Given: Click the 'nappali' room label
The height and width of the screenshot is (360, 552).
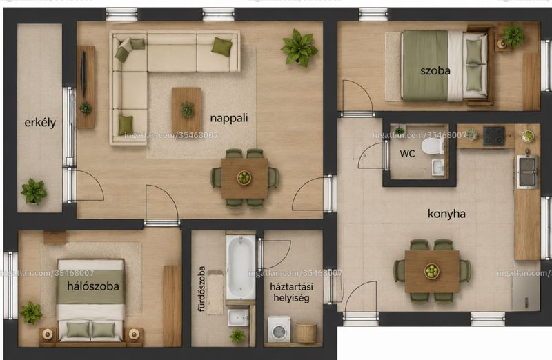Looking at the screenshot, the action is [229, 118].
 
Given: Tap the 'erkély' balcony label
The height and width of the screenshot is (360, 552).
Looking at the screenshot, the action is [40, 123].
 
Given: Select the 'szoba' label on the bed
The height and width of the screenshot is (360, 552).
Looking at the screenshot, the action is [435, 71].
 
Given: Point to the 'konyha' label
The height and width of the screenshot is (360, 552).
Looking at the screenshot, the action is [446, 214].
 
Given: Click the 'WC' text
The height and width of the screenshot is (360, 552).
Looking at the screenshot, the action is [407, 153].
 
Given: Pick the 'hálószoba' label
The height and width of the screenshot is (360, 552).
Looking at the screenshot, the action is [93, 286].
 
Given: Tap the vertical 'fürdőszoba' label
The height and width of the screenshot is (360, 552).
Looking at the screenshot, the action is [201, 289].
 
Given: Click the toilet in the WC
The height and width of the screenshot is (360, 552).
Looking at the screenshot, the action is [433, 146].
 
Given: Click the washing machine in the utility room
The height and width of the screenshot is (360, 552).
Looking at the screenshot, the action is [279, 330].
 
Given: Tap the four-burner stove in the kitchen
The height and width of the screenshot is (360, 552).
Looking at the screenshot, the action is [493, 136].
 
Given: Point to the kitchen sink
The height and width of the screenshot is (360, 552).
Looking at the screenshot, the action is [527, 172].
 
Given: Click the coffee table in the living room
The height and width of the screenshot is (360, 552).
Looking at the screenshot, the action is [186, 110].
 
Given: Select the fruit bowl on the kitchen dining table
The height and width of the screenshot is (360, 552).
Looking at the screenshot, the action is [432, 271].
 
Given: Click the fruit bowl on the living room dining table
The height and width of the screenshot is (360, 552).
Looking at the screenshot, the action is [244, 177].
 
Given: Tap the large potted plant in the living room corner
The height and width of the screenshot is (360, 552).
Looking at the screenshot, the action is [299, 48].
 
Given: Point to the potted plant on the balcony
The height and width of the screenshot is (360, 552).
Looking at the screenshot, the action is [34, 192].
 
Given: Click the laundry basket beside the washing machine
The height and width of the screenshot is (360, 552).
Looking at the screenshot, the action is [306, 332].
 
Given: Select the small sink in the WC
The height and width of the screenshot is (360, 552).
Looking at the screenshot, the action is [438, 167].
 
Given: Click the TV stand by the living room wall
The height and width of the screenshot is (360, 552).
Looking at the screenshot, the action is [86, 87].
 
